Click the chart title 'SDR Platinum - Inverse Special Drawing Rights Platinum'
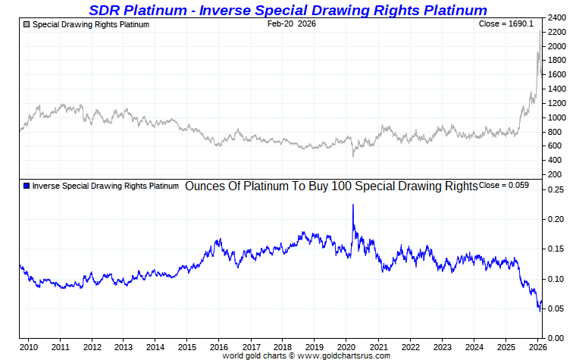click(x=287, y=10)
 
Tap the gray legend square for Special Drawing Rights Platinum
click(x=27, y=24)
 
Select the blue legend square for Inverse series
click(x=27, y=186)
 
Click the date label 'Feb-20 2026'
click(x=292, y=24)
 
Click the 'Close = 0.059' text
click(x=504, y=186)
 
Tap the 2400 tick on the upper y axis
click(x=557, y=17)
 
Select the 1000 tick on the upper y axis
click(x=557, y=117)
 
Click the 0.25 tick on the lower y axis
click(x=557, y=189)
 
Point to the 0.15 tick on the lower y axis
click(x=557, y=249)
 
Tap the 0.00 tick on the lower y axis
click(x=557, y=337)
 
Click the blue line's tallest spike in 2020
click(x=352, y=205)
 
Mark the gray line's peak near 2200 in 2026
click(x=540, y=31)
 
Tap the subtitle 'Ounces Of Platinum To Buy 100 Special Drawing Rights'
click(x=331, y=186)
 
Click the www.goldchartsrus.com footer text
click(x=346, y=355)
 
